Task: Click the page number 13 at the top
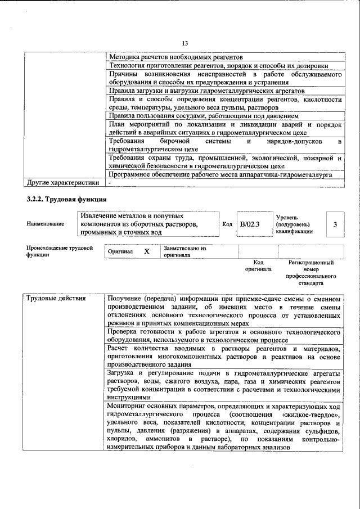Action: click(x=184, y=44)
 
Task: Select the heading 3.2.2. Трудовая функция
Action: click(x=66, y=200)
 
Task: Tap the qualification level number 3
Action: click(x=335, y=224)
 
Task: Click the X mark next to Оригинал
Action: click(x=147, y=251)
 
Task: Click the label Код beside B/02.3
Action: click(x=227, y=224)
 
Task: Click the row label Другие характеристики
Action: click(x=63, y=183)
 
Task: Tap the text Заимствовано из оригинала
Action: click(x=185, y=251)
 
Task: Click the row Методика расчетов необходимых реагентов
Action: click(x=175, y=57)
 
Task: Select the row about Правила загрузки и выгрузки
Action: click(x=207, y=90)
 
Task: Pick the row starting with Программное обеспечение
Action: click(x=220, y=175)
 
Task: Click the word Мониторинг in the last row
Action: click(x=128, y=406)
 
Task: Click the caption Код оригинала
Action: click(x=258, y=265)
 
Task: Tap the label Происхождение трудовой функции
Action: click(x=59, y=251)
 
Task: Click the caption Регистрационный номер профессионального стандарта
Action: click(x=311, y=273)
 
